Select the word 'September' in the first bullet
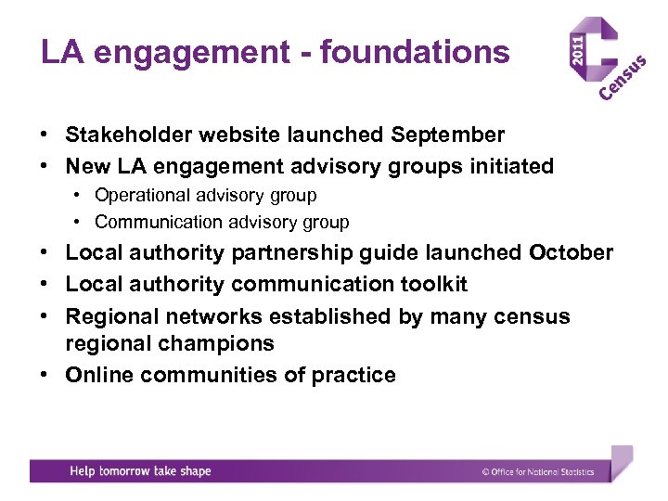coord(448,135)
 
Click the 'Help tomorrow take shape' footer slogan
coord(140,471)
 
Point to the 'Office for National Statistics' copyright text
coord(538,472)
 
